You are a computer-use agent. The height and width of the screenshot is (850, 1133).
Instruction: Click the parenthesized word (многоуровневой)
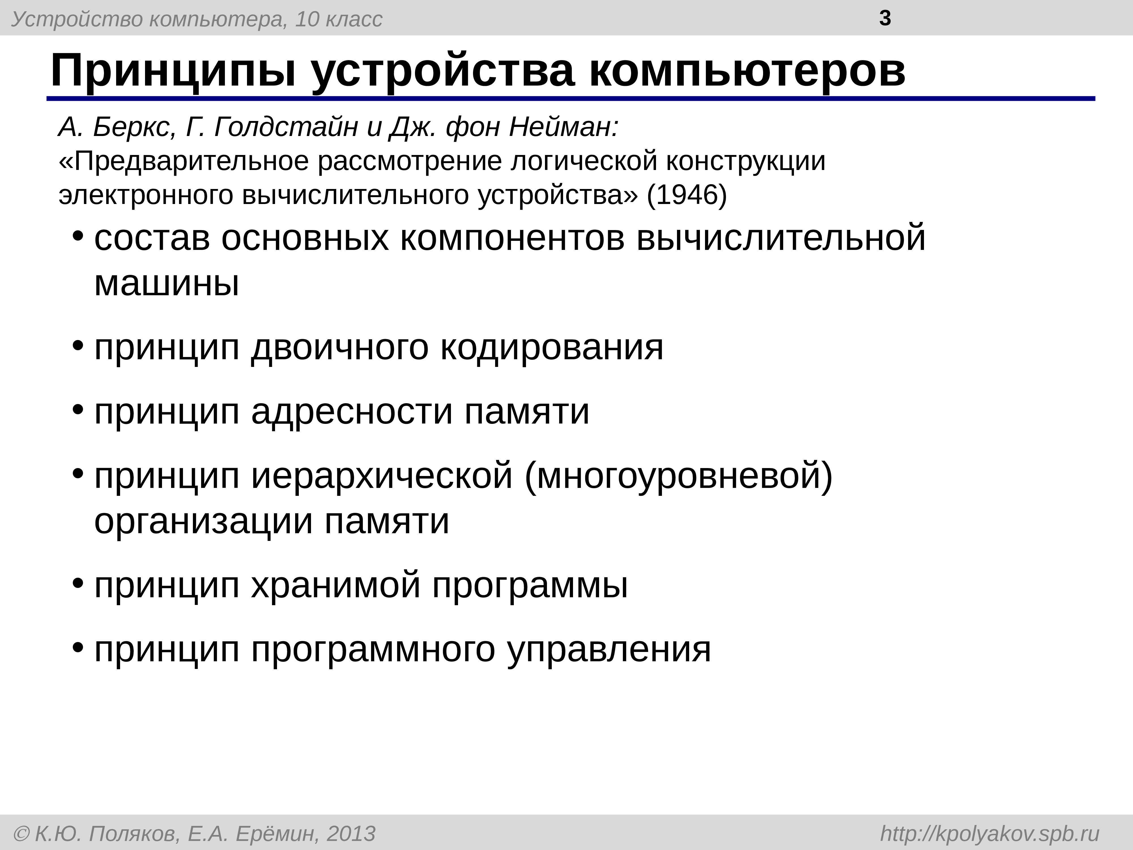[x=679, y=475]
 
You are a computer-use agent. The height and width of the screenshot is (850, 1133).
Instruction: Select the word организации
[x=203, y=521]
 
